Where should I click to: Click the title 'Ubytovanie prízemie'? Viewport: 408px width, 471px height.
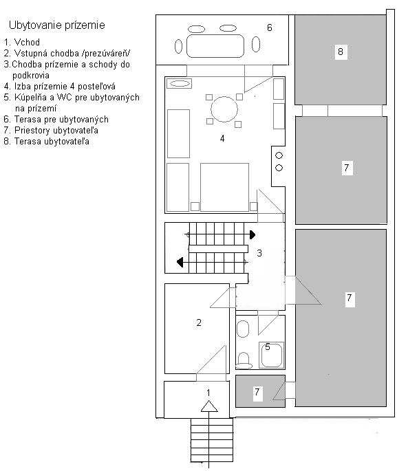pos(57,25)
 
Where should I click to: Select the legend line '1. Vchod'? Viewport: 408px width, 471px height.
pos(21,42)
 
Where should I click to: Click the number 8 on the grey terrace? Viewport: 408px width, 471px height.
pos(341,52)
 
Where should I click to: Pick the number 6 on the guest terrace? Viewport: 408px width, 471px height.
pos(270,28)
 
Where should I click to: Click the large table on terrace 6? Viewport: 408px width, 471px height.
pos(215,45)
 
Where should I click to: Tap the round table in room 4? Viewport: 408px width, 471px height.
pos(224,109)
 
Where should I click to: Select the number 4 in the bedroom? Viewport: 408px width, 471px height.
pos(222,138)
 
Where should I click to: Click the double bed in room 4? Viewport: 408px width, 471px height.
pos(224,188)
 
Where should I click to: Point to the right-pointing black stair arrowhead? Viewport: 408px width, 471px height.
pos(253,234)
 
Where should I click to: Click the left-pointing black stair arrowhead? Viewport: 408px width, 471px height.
pos(180,262)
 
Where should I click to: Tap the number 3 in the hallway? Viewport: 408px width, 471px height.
pos(259,253)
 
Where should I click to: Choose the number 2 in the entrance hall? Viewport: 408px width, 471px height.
pos(199,322)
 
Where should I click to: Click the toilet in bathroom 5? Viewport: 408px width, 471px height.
pos(244,361)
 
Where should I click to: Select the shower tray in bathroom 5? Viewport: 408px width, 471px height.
pos(272,355)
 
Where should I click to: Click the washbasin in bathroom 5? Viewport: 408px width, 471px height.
pos(243,329)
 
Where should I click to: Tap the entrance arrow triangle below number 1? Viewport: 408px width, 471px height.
pos(209,406)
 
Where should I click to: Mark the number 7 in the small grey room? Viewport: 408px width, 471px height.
pos(257,392)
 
